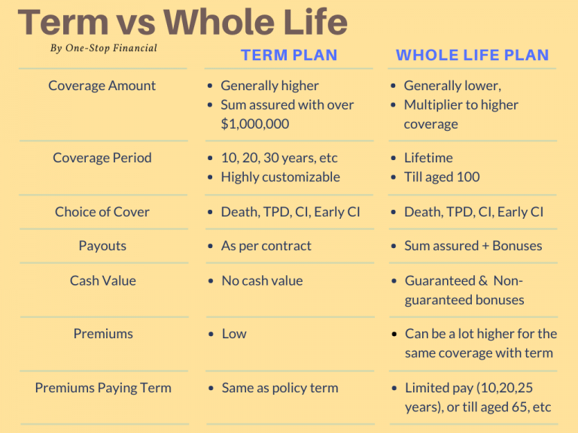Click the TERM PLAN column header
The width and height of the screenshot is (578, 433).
tap(289, 55)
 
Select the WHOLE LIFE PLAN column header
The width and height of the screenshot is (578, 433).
tap(473, 55)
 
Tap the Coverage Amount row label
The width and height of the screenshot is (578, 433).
tap(102, 86)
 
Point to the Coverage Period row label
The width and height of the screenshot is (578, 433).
tap(102, 158)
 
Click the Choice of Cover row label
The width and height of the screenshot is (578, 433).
tap(102, 212)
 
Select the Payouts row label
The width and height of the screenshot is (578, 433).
tap(102, 246)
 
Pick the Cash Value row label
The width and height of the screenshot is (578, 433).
tap(102, 280)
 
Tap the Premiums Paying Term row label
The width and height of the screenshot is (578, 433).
tap(103, 388)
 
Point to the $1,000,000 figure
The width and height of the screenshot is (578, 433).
tap(255, 124)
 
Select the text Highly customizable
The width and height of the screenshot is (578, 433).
tap(280, 177)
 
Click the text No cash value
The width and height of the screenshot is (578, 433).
tap(262, 280)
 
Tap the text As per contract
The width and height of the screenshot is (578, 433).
tap(266, 246)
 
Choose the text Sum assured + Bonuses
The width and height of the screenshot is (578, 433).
tap(473, 246)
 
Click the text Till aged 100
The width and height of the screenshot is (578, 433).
tap(442, 177)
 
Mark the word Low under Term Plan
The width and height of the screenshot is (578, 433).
tap(234, 334)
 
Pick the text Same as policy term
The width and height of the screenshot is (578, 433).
tap(280, 388)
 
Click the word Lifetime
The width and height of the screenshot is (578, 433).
tap(428, 158)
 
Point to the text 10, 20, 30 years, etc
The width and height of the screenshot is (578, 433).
tap(279, 158)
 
